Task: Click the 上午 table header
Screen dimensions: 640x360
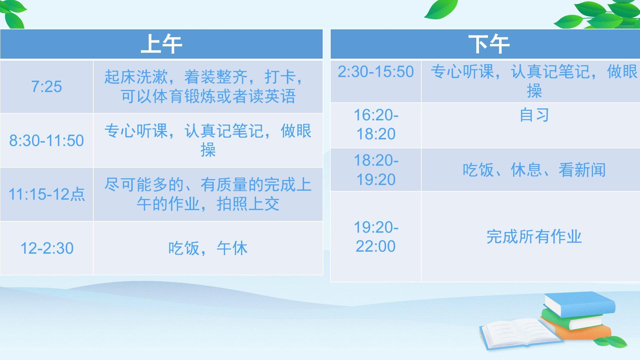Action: click(x=161, y=44)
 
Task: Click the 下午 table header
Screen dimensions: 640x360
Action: click(x=485, y=44)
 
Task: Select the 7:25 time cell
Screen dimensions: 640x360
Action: click(x=47, y=87)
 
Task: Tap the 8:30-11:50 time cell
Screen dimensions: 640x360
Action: click(x=47, y=140)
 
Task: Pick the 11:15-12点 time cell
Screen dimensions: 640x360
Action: click(x=47, y=194)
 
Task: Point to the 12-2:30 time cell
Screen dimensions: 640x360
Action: click(x=47, y=248)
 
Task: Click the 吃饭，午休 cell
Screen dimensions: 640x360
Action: click(x=208, y=248)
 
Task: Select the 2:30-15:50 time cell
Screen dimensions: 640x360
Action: click(x=376, y=81)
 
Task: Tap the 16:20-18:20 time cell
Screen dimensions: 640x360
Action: click(x=376, y=125)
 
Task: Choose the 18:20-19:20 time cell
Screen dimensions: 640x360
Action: click(x=376, y=170)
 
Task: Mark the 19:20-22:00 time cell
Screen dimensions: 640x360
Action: click(x=376, y=237)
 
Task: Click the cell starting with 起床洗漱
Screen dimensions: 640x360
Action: click(x=208, y=87)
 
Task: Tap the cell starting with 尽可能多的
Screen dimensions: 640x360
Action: click(x=208, y=194)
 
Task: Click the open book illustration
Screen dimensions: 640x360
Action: click(x=520, y=333)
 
